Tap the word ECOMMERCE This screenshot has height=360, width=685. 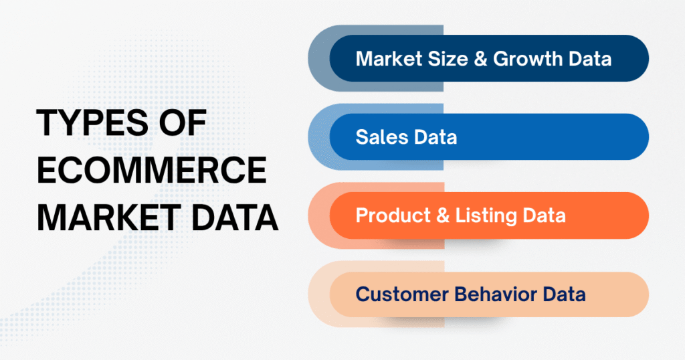(151, 173)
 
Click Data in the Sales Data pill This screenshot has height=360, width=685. (433, 137)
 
